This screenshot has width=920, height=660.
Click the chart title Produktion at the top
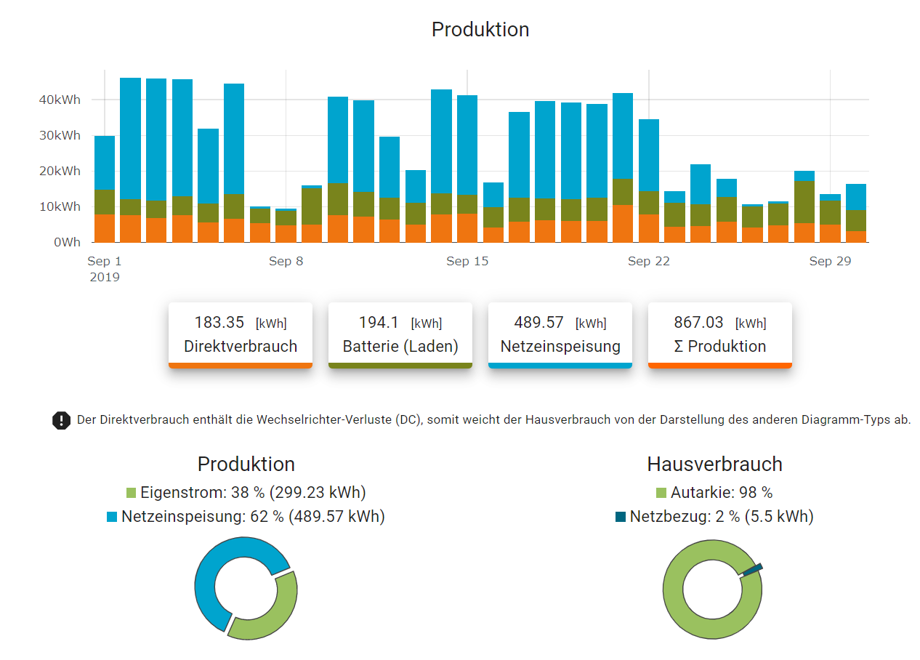point(480,30)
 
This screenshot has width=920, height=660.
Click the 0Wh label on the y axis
point(67,242)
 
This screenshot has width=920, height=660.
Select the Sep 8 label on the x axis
point(286,262)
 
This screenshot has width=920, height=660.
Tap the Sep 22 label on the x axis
point(648,262)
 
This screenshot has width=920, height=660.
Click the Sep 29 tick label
point(830,262)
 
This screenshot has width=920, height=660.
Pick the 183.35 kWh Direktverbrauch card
point(241,334)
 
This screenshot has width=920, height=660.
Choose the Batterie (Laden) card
point(400,334)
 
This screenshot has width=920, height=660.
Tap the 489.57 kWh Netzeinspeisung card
point(560,334)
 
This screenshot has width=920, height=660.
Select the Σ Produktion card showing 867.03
point(720,334)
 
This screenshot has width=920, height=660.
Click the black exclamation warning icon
point(61,420)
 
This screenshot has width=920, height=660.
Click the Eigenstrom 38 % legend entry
point(246,493)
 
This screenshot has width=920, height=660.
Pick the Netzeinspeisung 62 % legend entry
point(246,517)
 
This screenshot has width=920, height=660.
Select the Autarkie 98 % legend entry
point(714,493)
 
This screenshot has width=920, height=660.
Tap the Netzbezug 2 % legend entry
point(714,517)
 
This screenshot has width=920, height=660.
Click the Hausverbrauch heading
point(714,464)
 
